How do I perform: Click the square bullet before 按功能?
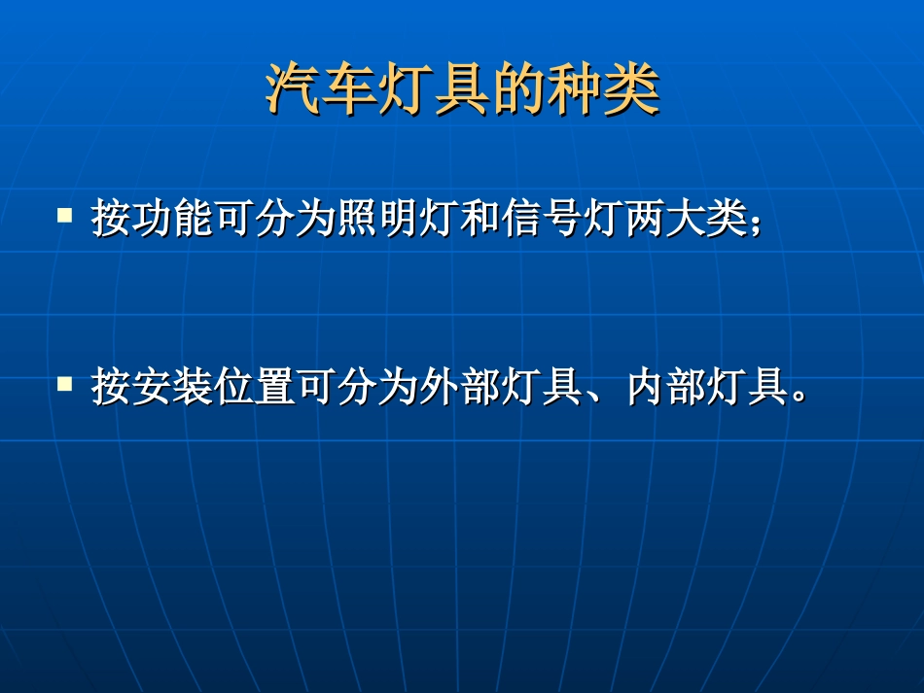click(x=65, y=214)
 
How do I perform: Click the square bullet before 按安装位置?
click(x=65, y=383)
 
